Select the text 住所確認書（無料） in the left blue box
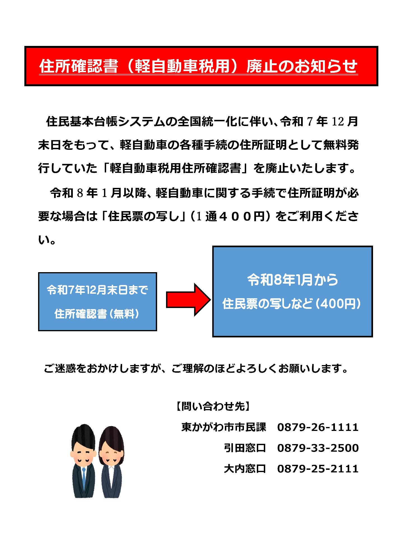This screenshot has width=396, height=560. click(97, 314)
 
